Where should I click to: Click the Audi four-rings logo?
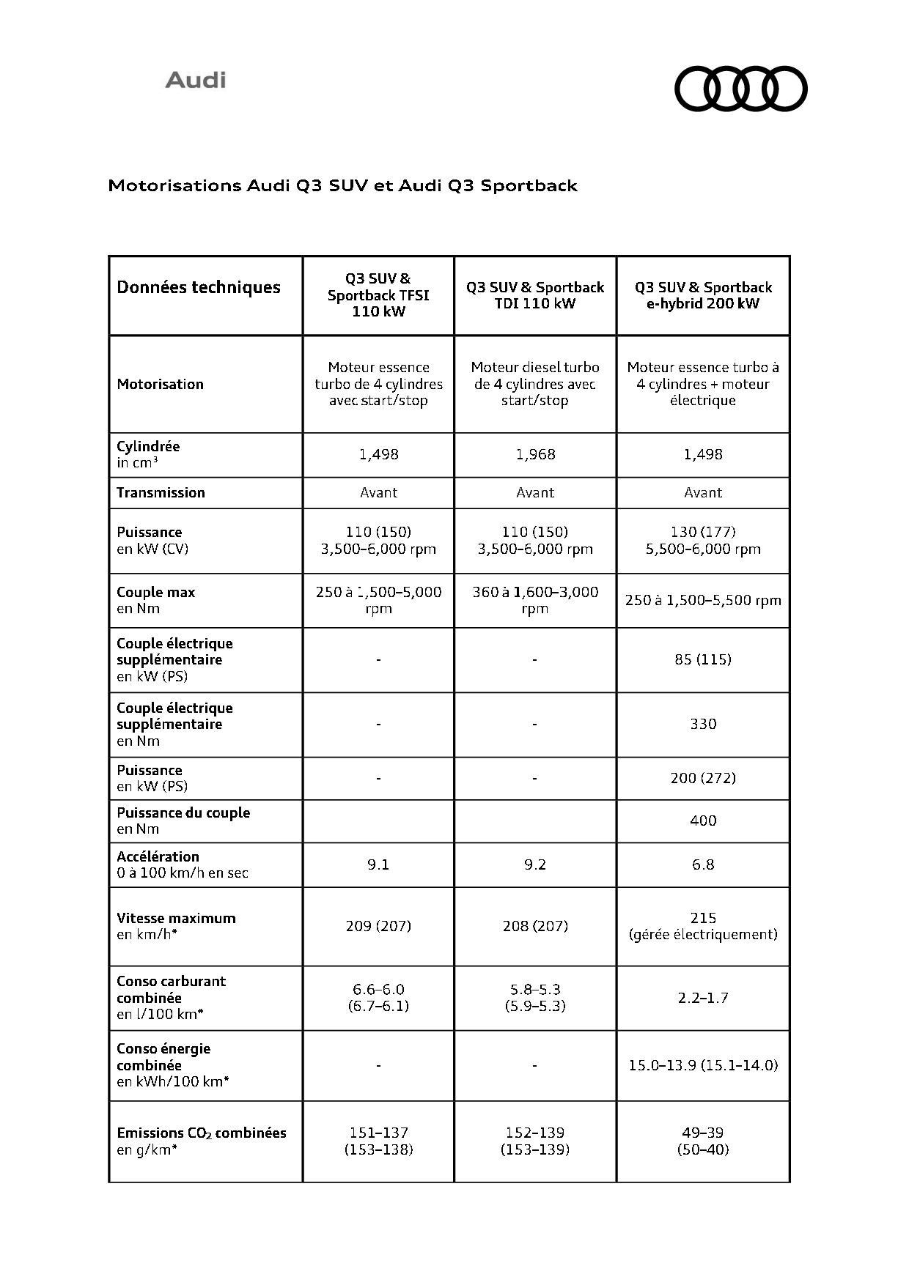(x=740, y=89)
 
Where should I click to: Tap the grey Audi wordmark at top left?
(x=195, y=80)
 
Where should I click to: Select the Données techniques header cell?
(x=199, y=287)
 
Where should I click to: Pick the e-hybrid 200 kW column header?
(x=703, y=295)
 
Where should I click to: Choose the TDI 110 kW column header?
(x=535, y=295)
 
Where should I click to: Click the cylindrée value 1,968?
(x=535, y=454)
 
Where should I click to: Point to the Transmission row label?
(x=161, y=492)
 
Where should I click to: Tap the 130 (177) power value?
(x=703, y=532)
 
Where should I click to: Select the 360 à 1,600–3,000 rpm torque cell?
(x=535, y=600)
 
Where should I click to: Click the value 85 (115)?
(x=703, y=659)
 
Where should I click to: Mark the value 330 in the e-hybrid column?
(x=703, y=724)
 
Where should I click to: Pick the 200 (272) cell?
(x=703, y=777)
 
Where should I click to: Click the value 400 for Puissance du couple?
(x=703, y=821)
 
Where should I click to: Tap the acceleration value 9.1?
(x=378, y=864)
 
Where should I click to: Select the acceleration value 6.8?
(x=703, y=864)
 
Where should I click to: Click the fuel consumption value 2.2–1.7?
(x=703, y=998)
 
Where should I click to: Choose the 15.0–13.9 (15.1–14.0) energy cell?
(x=703, y=1065)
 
